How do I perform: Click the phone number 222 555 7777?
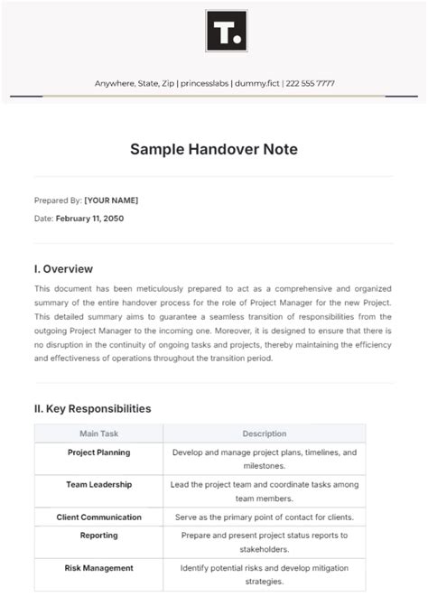311,83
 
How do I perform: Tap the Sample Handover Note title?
213,150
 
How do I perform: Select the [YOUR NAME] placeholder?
111,200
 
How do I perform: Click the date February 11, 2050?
89,219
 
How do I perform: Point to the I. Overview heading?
63,268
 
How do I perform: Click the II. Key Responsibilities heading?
92,408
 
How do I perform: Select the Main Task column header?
98,434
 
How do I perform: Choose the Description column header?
265,434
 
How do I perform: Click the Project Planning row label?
98,452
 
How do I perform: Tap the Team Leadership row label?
98,485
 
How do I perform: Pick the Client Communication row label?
98,517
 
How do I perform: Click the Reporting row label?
98,536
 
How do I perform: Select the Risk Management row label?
98,568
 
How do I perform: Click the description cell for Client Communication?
265,517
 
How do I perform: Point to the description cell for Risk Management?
265,575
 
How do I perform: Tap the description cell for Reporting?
265,542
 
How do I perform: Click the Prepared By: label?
58,200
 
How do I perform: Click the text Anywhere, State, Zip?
134,83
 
